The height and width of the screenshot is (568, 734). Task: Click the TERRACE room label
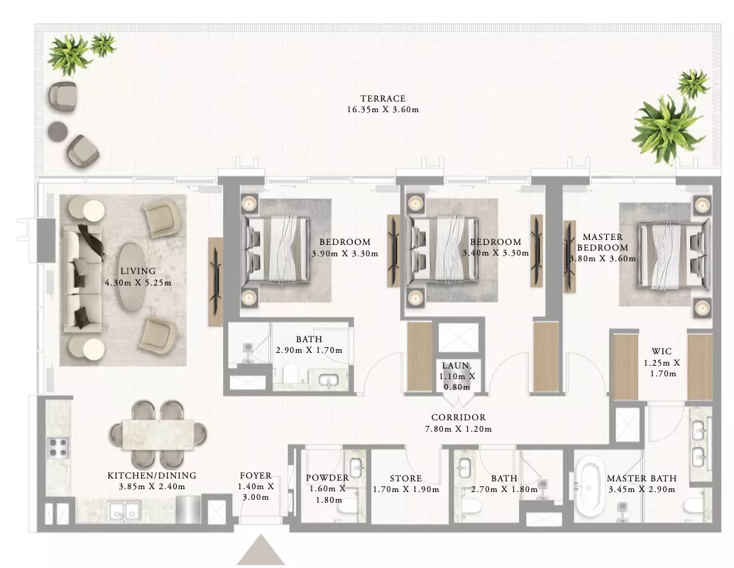383,98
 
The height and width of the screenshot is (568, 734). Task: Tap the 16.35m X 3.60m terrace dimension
383,109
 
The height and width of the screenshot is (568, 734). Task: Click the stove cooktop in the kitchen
58,447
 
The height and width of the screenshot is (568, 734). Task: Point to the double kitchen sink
124,510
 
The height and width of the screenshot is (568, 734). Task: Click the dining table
158,435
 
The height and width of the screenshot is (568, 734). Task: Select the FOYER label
256,476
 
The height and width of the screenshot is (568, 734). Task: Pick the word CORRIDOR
459,417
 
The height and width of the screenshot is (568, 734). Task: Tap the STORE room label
406,479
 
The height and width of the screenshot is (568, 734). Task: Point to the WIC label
662,351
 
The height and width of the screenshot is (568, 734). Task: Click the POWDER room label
327,478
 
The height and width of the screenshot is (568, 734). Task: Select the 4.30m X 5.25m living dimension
138,283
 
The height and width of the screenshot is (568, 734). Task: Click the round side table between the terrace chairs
58,131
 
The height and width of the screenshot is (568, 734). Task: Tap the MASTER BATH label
642,479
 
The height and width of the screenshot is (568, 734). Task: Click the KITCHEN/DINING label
152,476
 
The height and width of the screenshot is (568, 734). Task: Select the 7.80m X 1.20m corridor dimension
459,429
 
